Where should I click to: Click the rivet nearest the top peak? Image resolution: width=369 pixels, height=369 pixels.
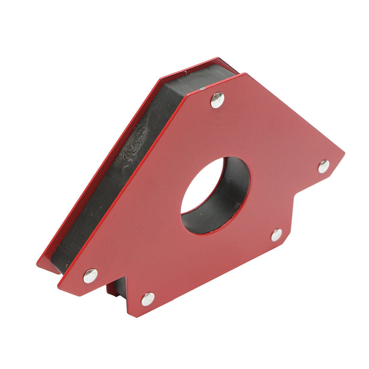pyautogui.click(x=217, y=100)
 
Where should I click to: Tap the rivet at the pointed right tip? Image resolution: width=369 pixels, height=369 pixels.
pyautogui.click(x=324, y=167)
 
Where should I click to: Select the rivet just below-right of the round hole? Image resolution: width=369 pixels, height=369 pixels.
pyautogui.click(x=277, y=235)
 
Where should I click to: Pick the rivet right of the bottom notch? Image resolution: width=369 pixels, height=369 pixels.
pyautogui.click(x=148, y=299)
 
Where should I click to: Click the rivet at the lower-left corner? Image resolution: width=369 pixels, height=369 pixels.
pyautogui.click(x=90, y=275)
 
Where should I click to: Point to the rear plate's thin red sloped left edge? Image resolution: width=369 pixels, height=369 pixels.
pyautogui.click(x=95, y=169)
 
